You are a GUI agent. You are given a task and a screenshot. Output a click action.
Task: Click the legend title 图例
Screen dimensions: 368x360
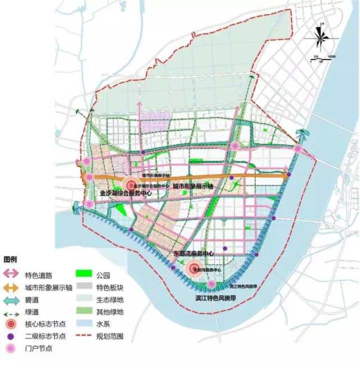[11, 260]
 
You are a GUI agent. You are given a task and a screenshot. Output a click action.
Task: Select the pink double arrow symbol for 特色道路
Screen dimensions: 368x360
[11, 275]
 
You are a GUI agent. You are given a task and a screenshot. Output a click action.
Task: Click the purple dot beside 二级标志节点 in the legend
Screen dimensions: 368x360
[11, 337]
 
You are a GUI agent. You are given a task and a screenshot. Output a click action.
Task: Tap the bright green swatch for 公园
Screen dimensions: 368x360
[83, 275]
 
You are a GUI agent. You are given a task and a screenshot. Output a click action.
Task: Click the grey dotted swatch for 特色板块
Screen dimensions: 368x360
[83, 287]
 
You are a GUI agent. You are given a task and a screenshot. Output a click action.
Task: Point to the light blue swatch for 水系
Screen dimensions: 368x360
[83, 324]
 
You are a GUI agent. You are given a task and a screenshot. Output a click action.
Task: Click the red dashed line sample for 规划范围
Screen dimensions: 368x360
[83, 337]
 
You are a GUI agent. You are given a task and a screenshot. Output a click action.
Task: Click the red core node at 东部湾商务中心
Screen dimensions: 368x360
[195, 270]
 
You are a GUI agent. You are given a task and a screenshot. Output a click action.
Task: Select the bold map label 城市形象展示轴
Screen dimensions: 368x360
[193, 186]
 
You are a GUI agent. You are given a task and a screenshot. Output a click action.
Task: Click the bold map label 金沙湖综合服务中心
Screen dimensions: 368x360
[125, 194]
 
